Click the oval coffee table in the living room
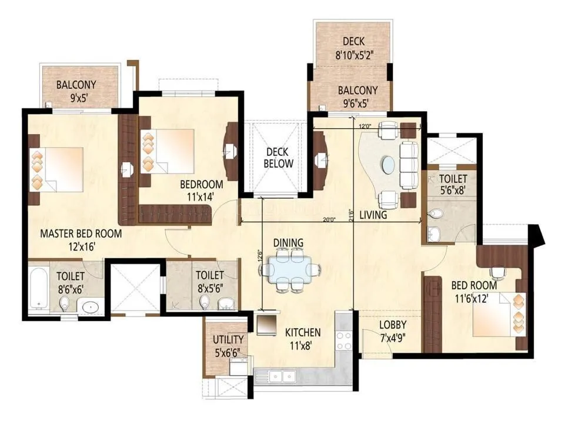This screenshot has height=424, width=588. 388,163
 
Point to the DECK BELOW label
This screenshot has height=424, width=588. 278,157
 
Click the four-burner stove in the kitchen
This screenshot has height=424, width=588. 343,340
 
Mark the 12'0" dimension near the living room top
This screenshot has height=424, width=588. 365,126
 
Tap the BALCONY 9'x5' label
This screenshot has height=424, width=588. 76,90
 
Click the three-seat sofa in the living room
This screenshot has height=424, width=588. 407,163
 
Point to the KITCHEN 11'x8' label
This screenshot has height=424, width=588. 303,339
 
